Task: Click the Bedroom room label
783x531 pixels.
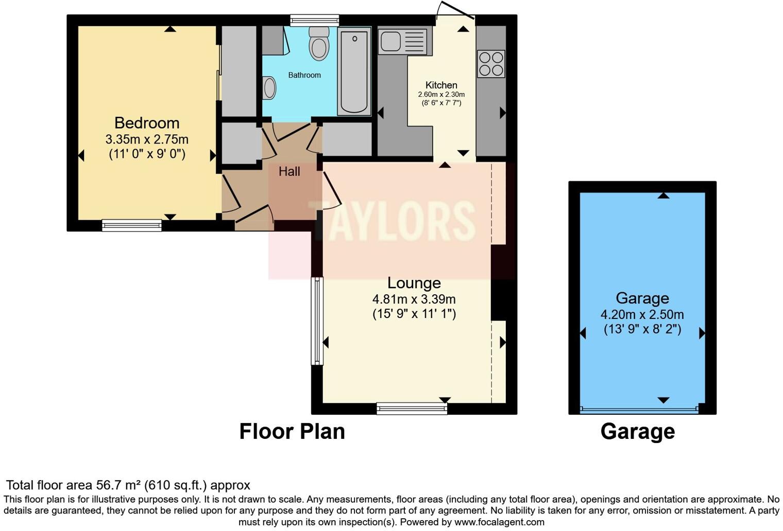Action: pos(147,123)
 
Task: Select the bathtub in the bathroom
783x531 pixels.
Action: pos(354,71)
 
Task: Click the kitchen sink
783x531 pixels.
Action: pos(402,42)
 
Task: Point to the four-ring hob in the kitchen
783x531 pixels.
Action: pos(491,63)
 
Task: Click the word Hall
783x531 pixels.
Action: pos(290,171)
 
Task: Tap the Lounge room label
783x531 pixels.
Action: pos(414,283)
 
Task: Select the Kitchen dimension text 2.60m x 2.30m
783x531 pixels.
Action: pos(441,94)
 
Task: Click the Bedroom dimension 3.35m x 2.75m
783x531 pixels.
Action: pos(147,139)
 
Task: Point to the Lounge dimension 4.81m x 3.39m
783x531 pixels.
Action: pos(414,299)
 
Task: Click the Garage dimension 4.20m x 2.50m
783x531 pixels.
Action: pos(642,314)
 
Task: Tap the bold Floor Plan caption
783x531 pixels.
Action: pos(292,432)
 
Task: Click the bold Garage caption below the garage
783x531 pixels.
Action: pos(638,432)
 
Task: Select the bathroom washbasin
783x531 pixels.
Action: pos(269,88)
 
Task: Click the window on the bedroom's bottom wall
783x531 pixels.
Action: pos(132,225)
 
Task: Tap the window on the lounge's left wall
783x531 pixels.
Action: pos(317,321)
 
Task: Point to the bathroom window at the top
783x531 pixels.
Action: pos(315,20)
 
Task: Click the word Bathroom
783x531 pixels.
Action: pos(304,75)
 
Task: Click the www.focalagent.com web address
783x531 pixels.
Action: pos(499,522)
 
